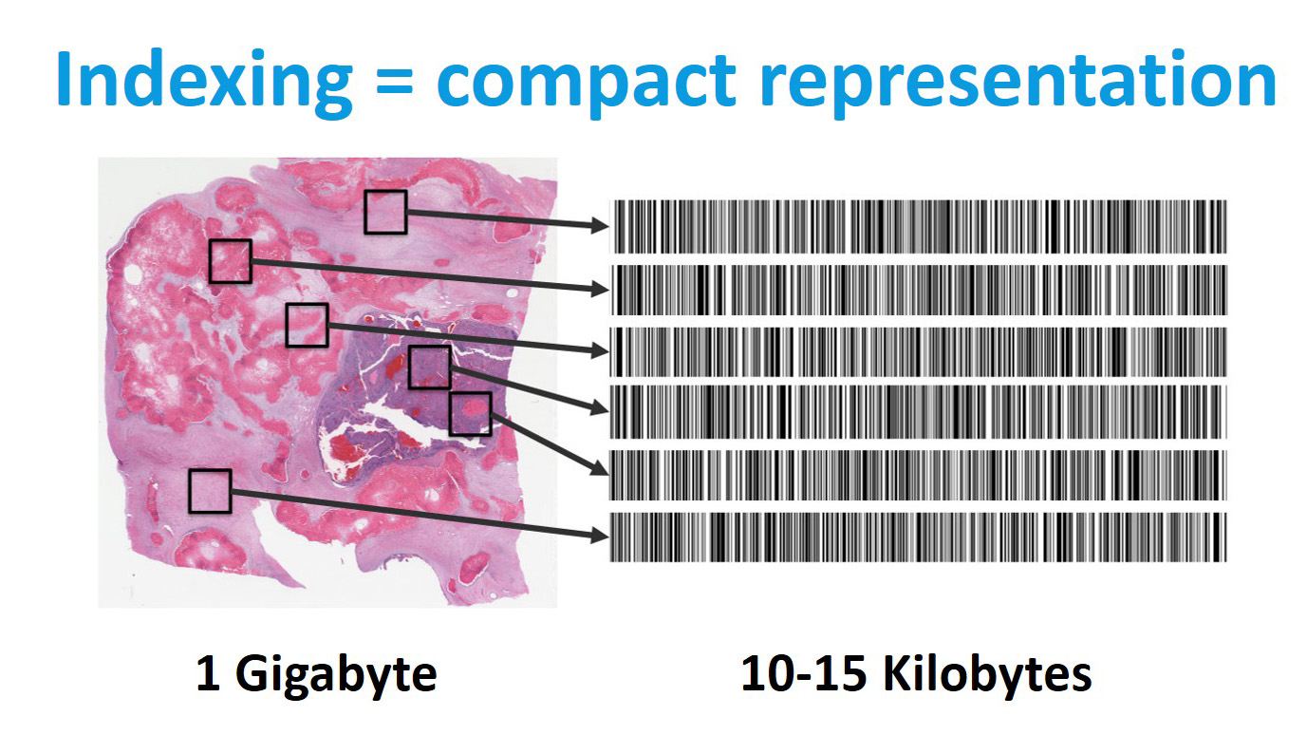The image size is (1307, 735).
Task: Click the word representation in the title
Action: tap(1018, 83)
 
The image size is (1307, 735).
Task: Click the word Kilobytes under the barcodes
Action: tap(987, 674)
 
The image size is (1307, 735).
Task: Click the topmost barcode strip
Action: tap(919, 227)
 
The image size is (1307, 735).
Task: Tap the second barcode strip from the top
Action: tap(919, 291)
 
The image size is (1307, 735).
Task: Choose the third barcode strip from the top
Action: tap(919, 351)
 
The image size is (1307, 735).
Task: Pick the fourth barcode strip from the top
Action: tap(919, 411)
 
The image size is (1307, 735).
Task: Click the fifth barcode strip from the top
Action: tap(919, 475)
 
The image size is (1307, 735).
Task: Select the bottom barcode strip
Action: tap(919, 537)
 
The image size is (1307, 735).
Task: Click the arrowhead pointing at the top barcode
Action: tap(600, 225)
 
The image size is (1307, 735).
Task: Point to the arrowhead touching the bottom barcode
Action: tap(600, 535)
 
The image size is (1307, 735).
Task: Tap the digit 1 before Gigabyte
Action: tap(209, 673)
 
